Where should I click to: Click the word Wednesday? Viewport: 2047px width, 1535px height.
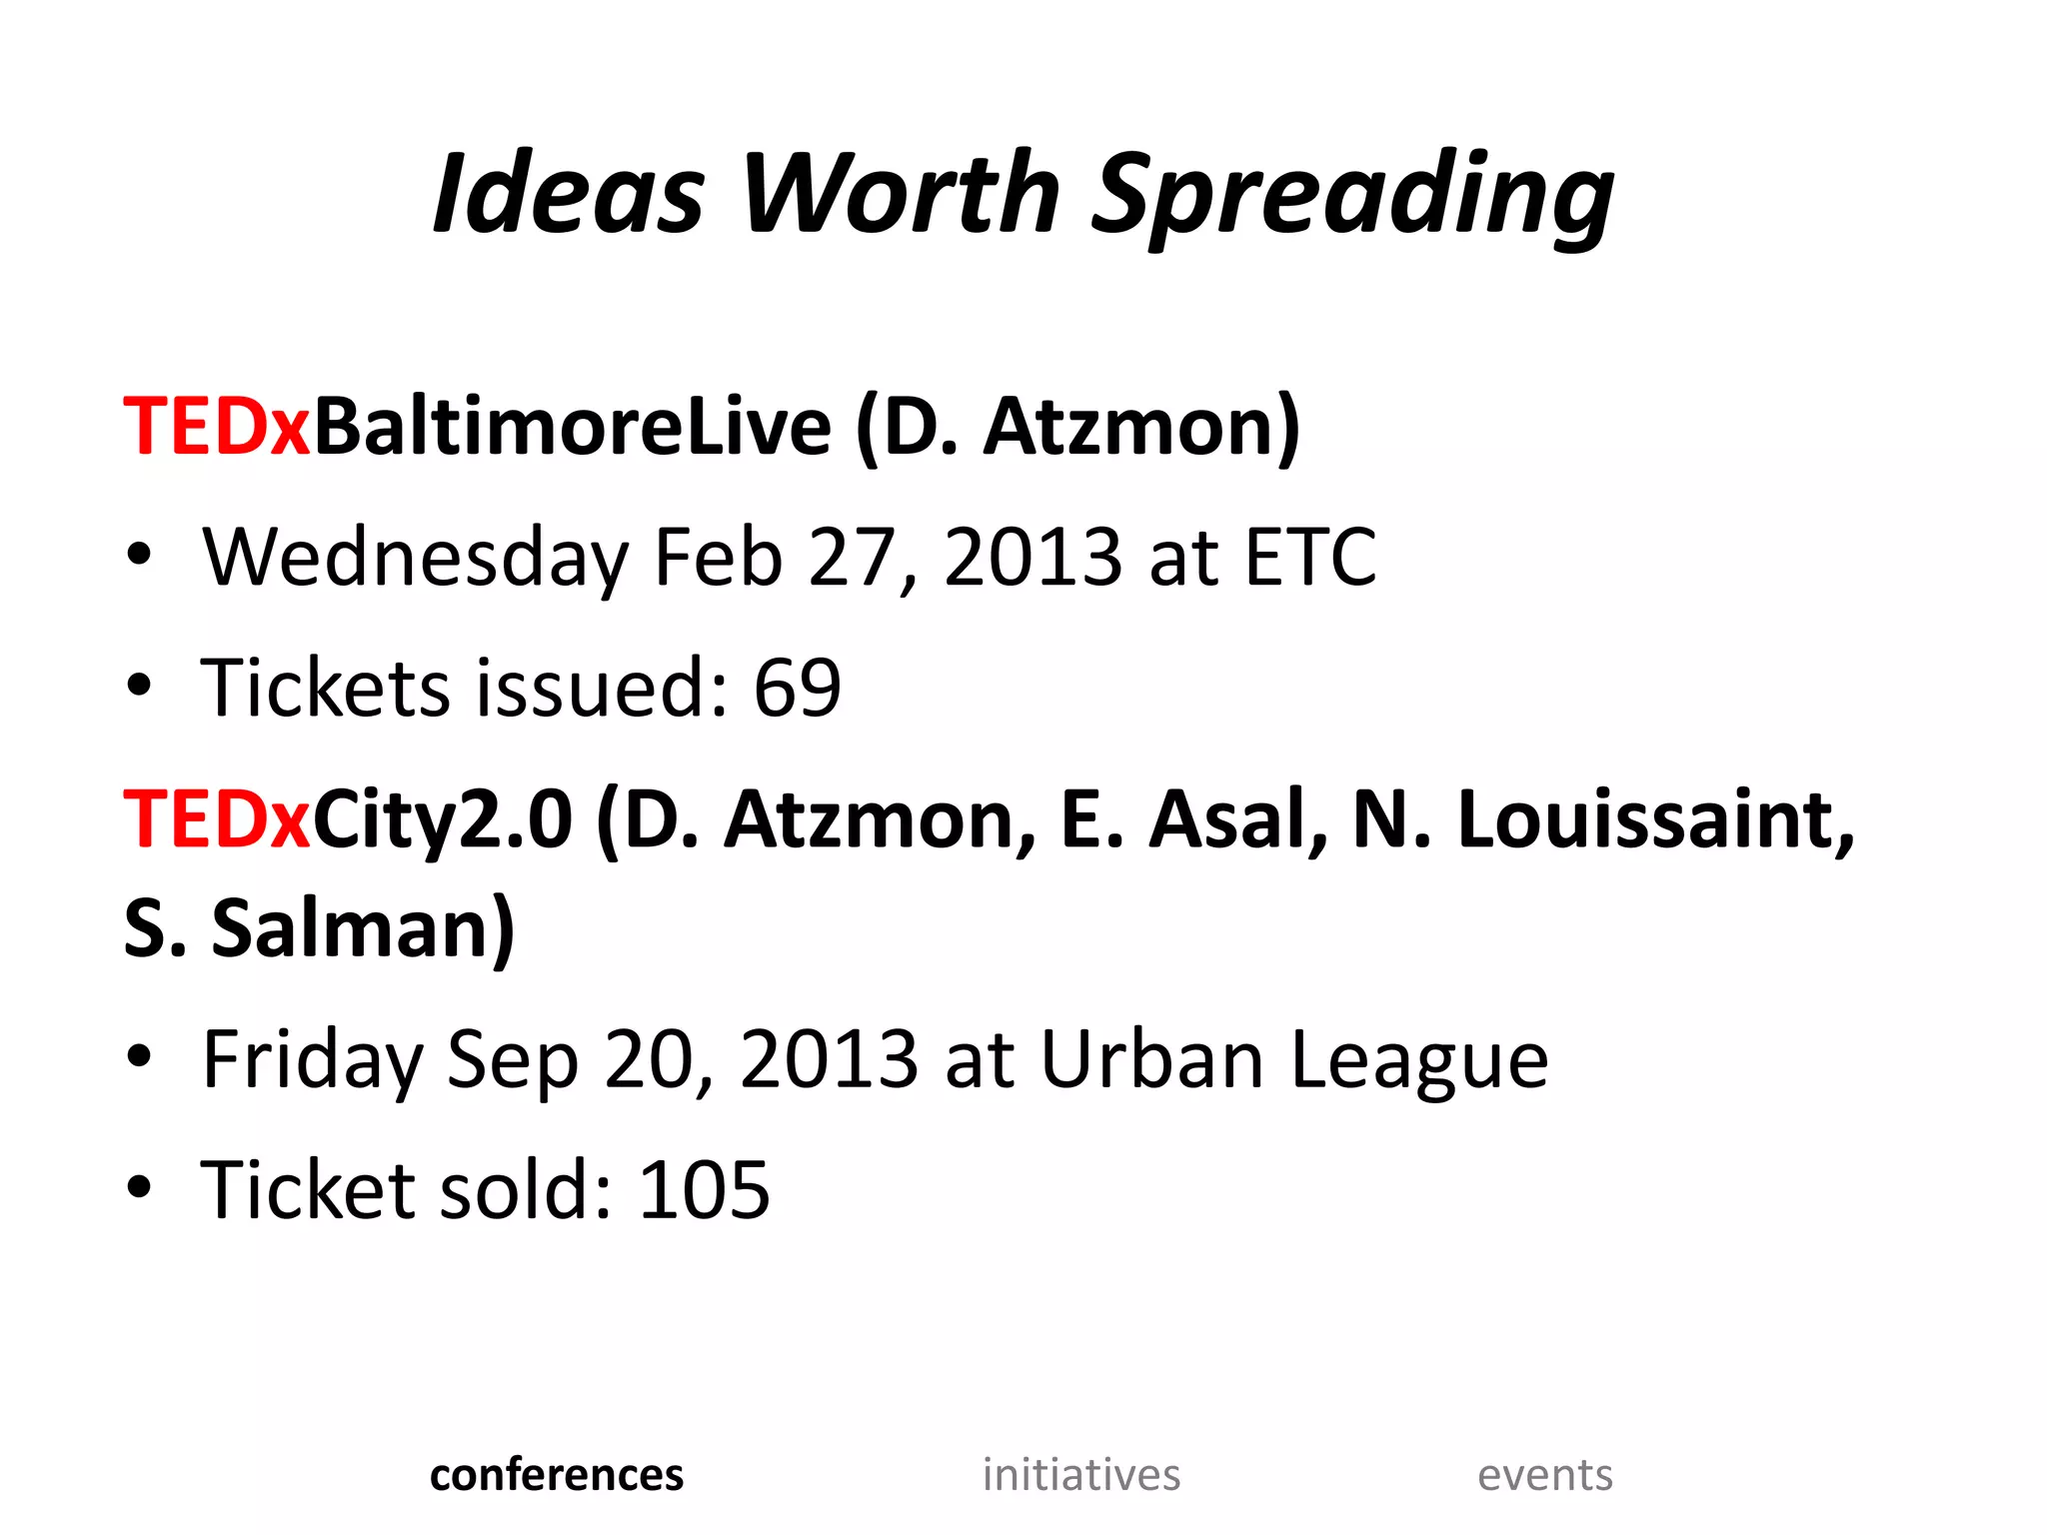415,558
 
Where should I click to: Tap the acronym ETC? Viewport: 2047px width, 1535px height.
1309,557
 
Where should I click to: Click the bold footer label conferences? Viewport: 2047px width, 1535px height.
557,1475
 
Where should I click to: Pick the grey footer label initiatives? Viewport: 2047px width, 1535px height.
1081,1475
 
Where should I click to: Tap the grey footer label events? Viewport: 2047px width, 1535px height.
1545,1475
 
